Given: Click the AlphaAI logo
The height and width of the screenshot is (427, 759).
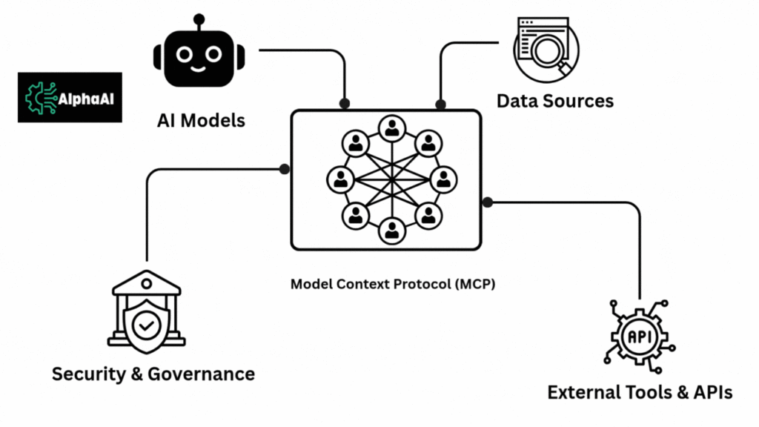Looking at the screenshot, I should coord(70,97).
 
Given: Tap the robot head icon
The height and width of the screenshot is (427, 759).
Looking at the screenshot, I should coord(198,56).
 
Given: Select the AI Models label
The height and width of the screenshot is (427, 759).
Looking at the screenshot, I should coord(201,119).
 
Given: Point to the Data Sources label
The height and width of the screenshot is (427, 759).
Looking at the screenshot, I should coord(555,100).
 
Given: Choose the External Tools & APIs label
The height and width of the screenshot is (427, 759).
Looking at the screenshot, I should coord(640,392).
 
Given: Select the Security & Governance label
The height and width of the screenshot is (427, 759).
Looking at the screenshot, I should coord(153,374).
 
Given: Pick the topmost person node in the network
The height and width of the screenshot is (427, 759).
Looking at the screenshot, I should coord(391,129).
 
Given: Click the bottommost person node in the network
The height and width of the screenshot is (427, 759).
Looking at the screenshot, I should coord(391,230).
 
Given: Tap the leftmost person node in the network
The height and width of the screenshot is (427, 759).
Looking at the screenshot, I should coord(341,179).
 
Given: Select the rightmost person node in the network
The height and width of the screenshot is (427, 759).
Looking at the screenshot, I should coord(443,179).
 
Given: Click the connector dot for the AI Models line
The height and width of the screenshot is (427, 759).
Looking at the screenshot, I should coord(344,103).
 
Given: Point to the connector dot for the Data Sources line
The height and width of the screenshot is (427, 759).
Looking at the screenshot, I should coord(440,104).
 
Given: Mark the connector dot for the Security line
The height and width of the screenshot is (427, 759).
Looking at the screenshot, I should coord(284,169).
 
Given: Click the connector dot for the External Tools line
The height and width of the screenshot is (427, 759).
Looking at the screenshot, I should coord(487,202).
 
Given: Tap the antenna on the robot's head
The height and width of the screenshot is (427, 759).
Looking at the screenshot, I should coord(198,19).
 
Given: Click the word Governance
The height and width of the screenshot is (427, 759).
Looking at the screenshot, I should coord(201,374).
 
